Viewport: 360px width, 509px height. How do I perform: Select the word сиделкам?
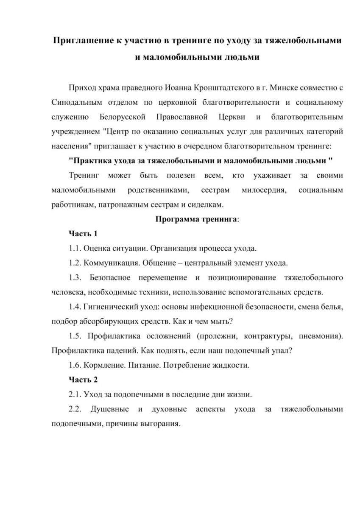click(x=204, y=204)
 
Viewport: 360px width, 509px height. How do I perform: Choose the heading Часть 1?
click(x=83, y=234)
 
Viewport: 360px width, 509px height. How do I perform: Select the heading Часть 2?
click(x=83, y=379)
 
